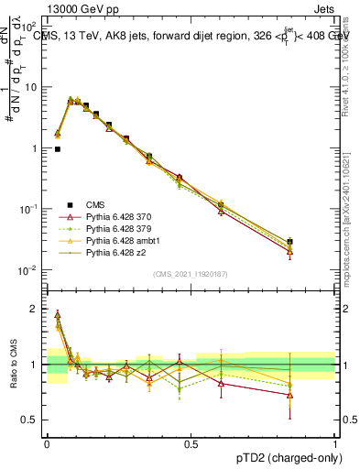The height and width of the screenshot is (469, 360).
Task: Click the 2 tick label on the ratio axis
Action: pyautogui.click(x=33, y=309)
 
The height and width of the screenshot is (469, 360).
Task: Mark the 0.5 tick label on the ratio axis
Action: pyautogui.click(x=29, y=420)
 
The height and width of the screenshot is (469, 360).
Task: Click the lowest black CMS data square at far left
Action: pyautogui.click(x=58, y=148)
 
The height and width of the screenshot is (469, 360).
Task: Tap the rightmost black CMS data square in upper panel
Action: pyautogui.click(x=290, y=242)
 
